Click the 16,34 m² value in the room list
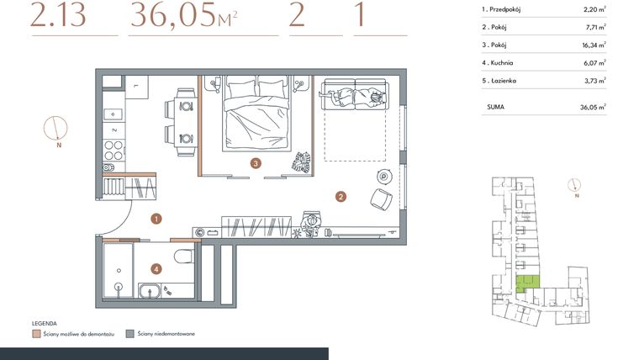[593, 45]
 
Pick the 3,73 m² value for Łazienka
[593, 80]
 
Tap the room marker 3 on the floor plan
[255, 163]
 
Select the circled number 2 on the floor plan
[340, 198]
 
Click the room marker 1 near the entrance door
[156, 219]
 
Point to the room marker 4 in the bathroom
[156, 269]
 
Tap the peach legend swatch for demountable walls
[36, 334]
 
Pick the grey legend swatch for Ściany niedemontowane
[129, 334]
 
